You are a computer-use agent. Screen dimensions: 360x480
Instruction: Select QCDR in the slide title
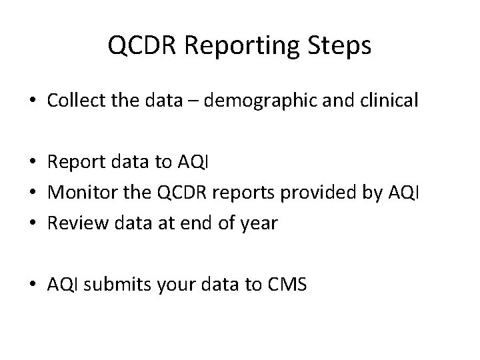tap(141, 46)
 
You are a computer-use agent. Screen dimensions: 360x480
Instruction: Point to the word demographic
tap(261, 102)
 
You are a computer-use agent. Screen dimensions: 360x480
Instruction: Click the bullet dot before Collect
tap(33, 102)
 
